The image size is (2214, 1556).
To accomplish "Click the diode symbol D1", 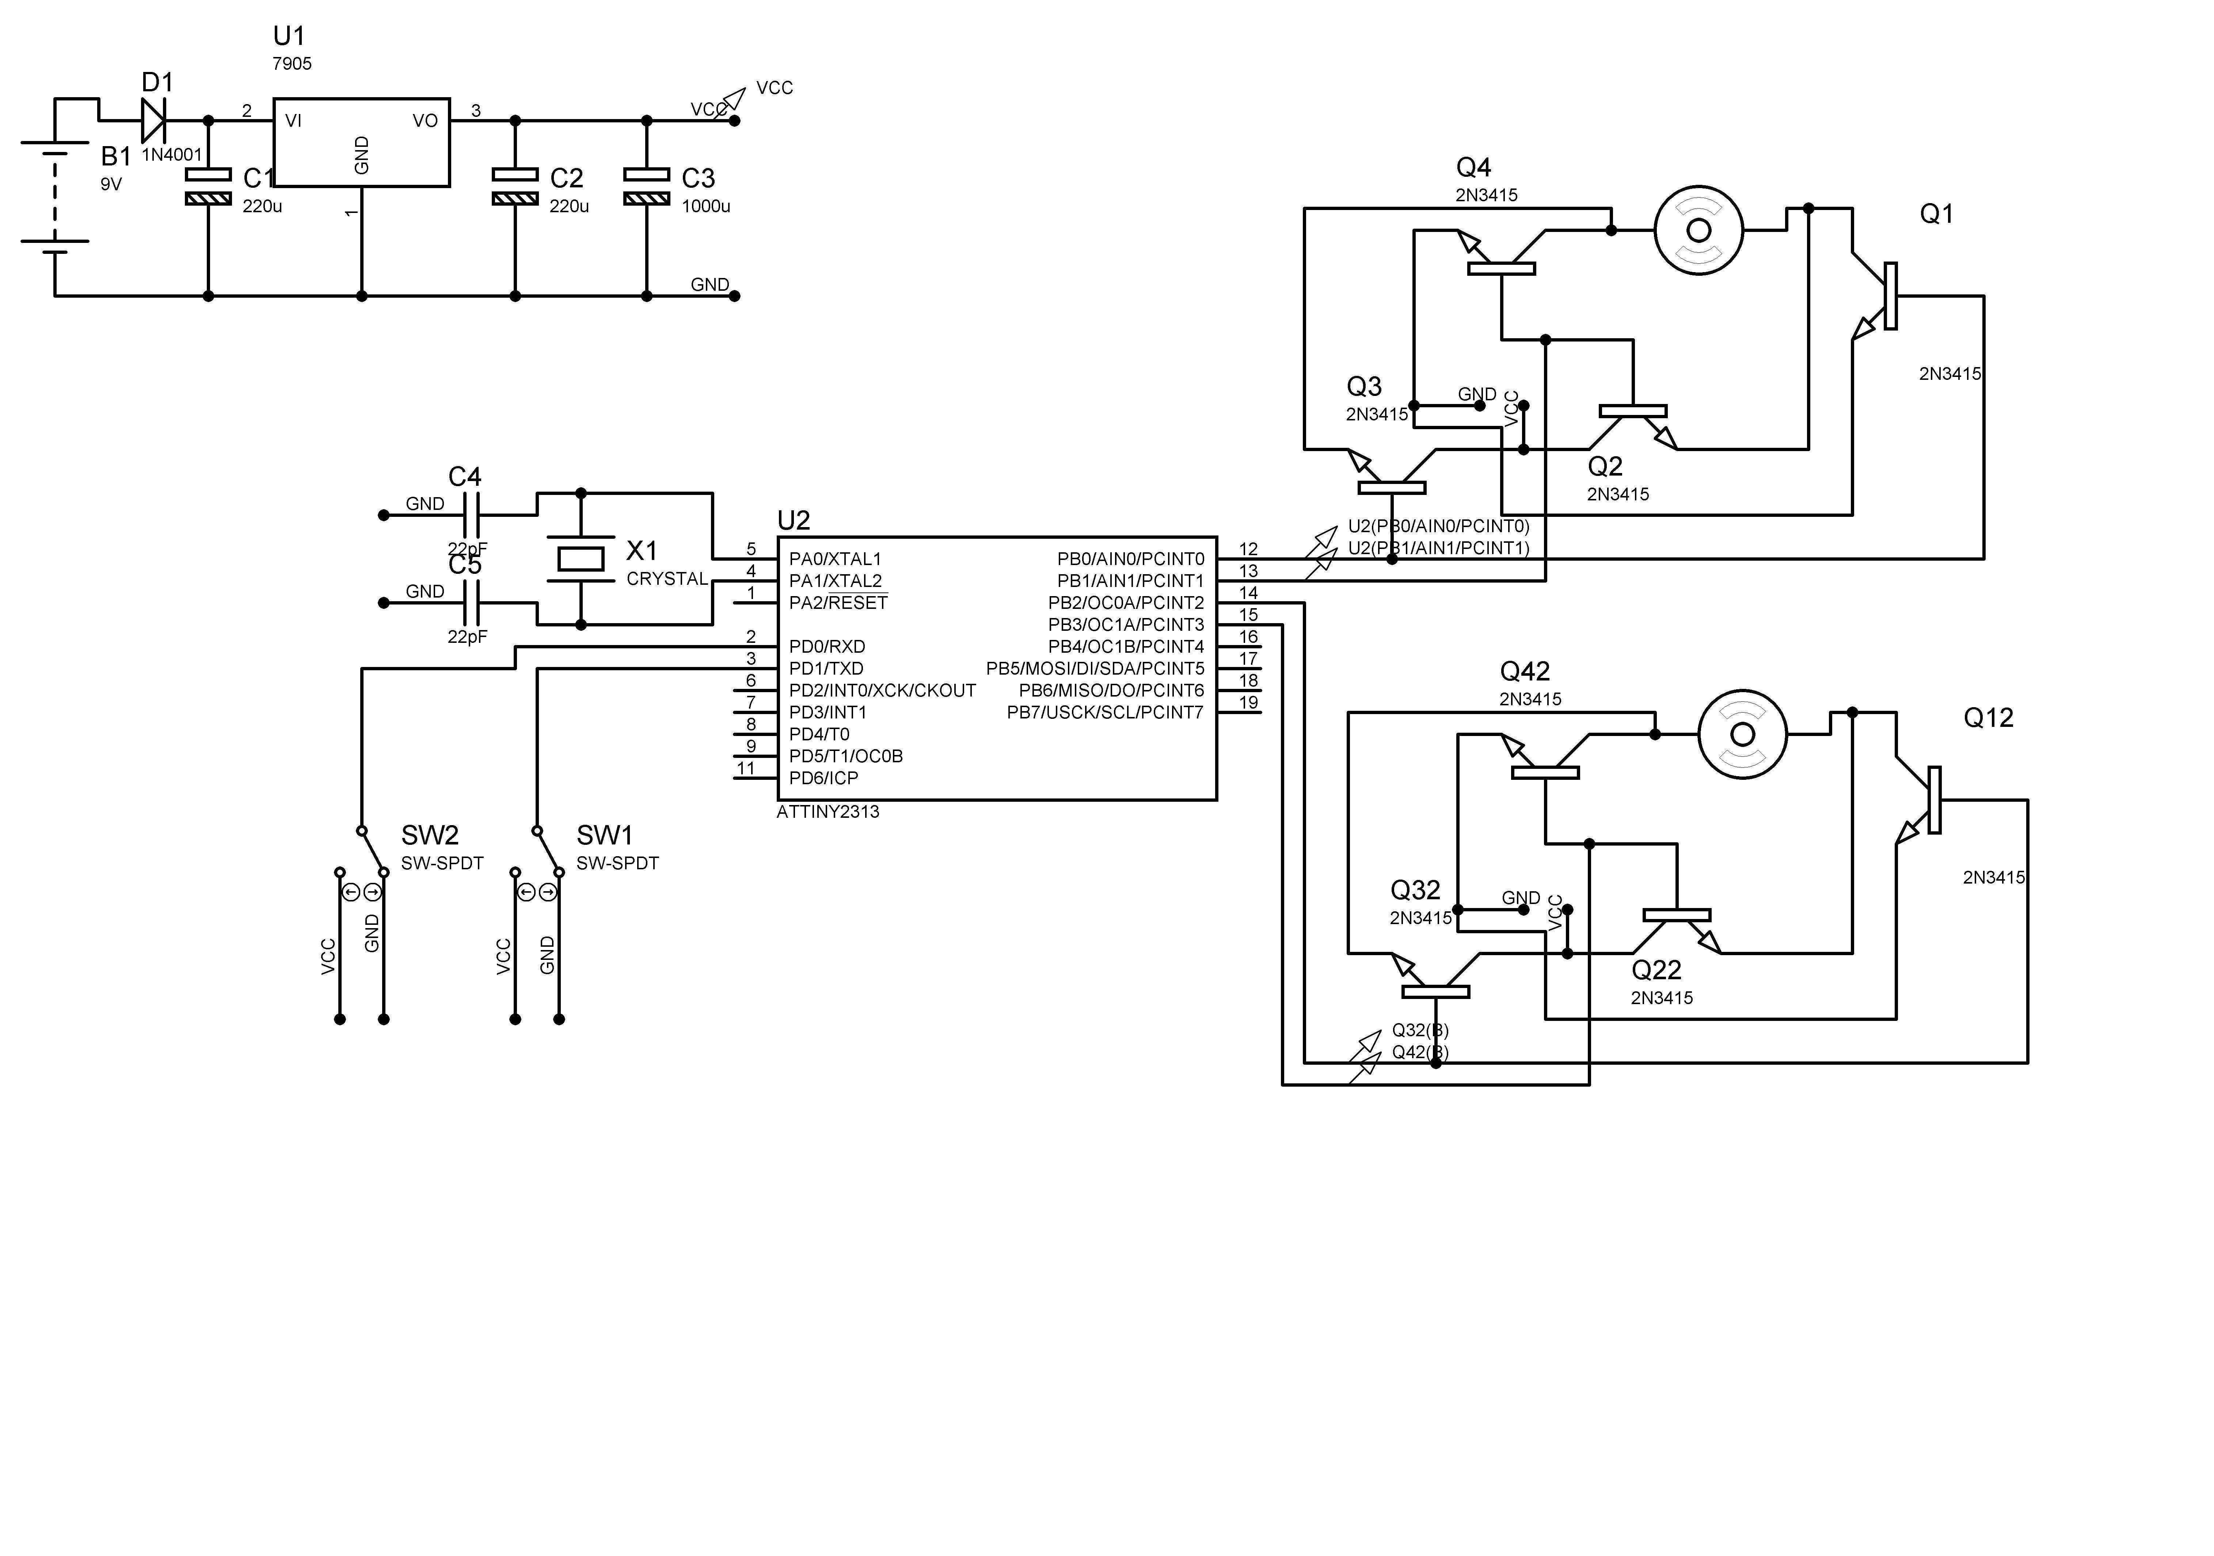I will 153,121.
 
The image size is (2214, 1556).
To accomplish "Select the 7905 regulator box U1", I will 362,142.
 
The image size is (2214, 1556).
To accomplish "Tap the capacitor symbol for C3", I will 646,186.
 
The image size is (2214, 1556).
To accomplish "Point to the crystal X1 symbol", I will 581,558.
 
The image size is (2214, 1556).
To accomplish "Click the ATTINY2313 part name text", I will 828,812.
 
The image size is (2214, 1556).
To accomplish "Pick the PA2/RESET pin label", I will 838,603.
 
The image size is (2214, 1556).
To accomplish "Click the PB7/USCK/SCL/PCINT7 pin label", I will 1105,713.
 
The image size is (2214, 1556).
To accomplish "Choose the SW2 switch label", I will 430,835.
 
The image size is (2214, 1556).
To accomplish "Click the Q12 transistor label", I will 1988,718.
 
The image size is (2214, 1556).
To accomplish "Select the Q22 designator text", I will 1656,970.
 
